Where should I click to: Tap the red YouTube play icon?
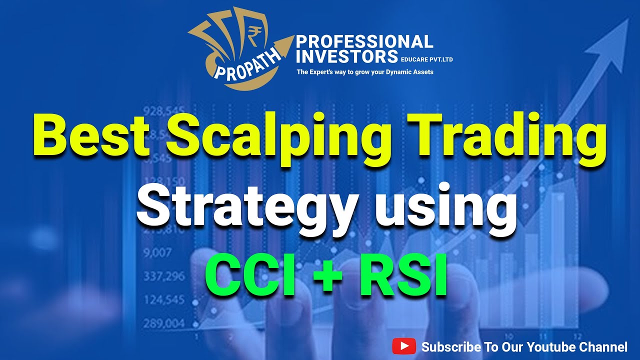pyautogui.click(x=404, y=346)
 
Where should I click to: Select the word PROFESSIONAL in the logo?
pyautogui.click(x=364, y=42)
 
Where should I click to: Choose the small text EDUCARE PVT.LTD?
pyautogui.click(x=426, y=59)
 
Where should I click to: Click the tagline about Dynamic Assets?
pyautogui.click(x=365, y=72)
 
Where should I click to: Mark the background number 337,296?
pyautogui.click(x=163, y=276)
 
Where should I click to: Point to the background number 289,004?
pyautogui.click(x=163, y=324)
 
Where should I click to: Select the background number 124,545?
pyautogui.click(x=163, y=300)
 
